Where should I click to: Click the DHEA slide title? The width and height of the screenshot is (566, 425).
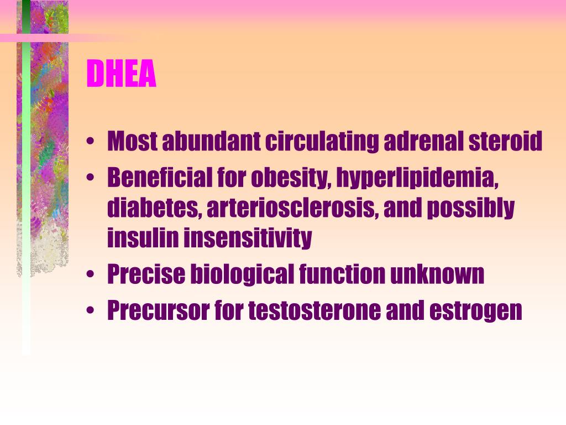point(122,74)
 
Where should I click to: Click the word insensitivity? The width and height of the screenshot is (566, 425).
point(248,238)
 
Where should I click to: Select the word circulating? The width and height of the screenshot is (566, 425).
point(322,142)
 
